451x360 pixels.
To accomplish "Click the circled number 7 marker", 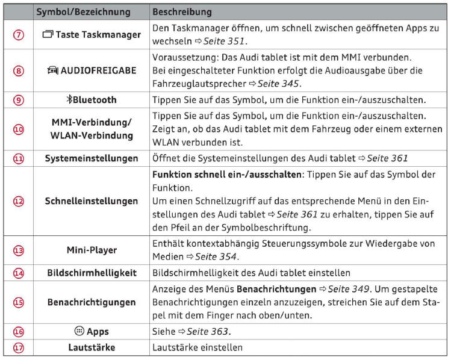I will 19,35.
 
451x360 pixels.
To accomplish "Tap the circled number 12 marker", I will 19,202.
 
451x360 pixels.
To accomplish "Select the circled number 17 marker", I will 19,347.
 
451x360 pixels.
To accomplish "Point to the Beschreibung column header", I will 181,12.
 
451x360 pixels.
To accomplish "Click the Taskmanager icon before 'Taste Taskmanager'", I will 48,35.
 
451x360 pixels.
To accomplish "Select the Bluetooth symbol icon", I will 69,100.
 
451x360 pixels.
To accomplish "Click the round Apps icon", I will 78,331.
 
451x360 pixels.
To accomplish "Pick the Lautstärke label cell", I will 92,347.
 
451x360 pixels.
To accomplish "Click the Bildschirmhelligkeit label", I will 92,273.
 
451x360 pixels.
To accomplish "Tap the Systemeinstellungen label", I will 92,158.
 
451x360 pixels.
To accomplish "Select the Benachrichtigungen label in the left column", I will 92,302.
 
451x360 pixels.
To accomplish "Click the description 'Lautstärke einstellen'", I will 198,347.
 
